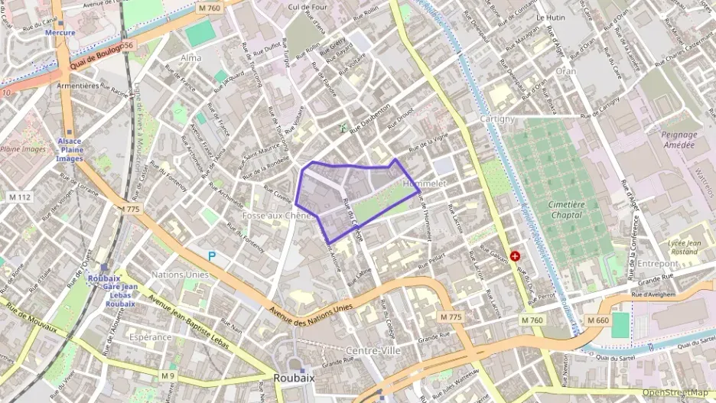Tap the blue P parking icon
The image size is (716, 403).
coord(212,256)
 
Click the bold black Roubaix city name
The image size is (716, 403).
coord(293,379)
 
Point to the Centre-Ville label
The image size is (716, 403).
coord(373,350)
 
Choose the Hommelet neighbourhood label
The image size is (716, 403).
coord(424,184)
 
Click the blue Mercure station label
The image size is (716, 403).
coord(60,33)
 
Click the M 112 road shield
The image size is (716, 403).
coord(19,197)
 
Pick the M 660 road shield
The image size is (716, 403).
coord(598,320)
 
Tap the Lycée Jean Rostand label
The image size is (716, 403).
coord(685,247)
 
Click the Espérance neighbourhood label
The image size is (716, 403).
coord(150,336)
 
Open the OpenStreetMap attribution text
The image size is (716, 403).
coord(675,392)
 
